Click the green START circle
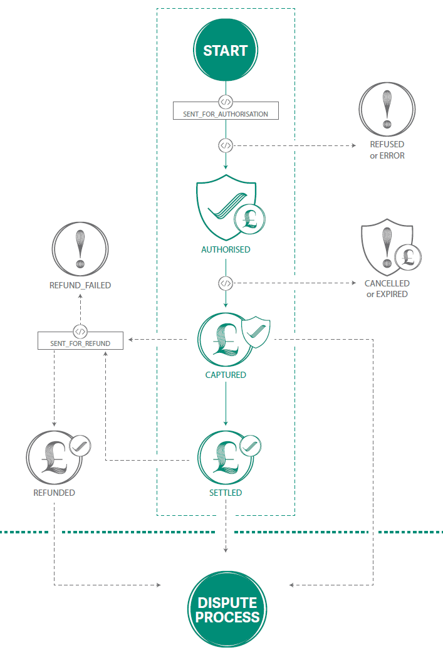[226, 51]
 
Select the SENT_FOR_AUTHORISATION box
[226, 114]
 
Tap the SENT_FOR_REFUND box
[80, 343]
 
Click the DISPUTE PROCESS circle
[227, 609]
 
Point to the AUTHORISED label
[226, 249]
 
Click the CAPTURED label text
[226, 375]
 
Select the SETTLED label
[226, 493]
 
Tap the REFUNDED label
[55, 493]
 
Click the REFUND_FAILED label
[80, 285]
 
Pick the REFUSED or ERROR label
[387, 150]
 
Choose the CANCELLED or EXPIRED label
[387, 288]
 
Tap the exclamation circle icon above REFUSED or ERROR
[387, 109]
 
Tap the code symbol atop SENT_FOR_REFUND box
[80, 331]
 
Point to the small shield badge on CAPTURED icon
[256, 332]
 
